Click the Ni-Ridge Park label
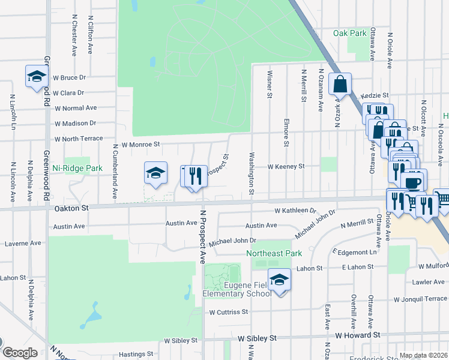tap(77, 169)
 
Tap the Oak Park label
tap(349, 33)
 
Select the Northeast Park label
tap(274, 253)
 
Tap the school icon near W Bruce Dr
tap(37, 76)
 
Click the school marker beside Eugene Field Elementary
tap(279, 280)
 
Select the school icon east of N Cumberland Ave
tap(155, 173)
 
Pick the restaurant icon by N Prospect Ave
tap(194, 176)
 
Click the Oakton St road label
tap(72, 208)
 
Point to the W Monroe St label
tap(141, 145)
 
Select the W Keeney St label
tap(286, 166)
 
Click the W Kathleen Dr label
tap(295, 211)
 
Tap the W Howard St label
tap(358, 335)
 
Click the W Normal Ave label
tap(75, 108)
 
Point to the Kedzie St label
tap(375, 95)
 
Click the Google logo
tap(20, 353)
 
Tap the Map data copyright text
tap(423, 355)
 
